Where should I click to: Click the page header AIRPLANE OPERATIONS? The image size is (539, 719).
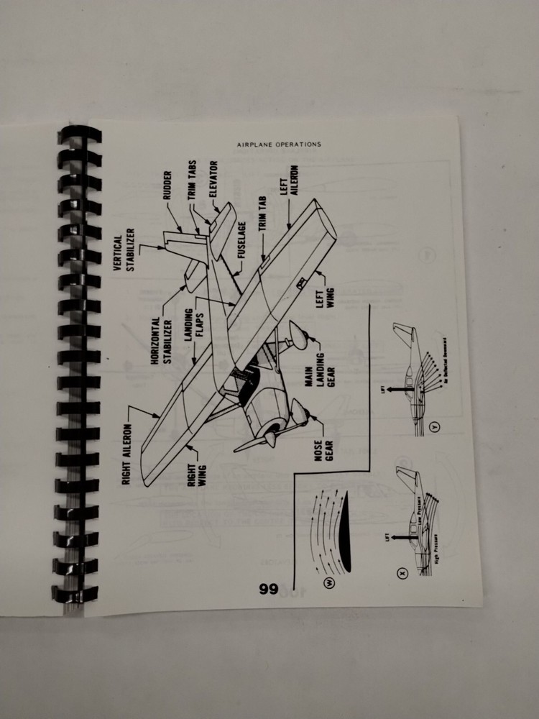[279, 144]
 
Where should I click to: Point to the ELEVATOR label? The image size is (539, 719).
[213, 177]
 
